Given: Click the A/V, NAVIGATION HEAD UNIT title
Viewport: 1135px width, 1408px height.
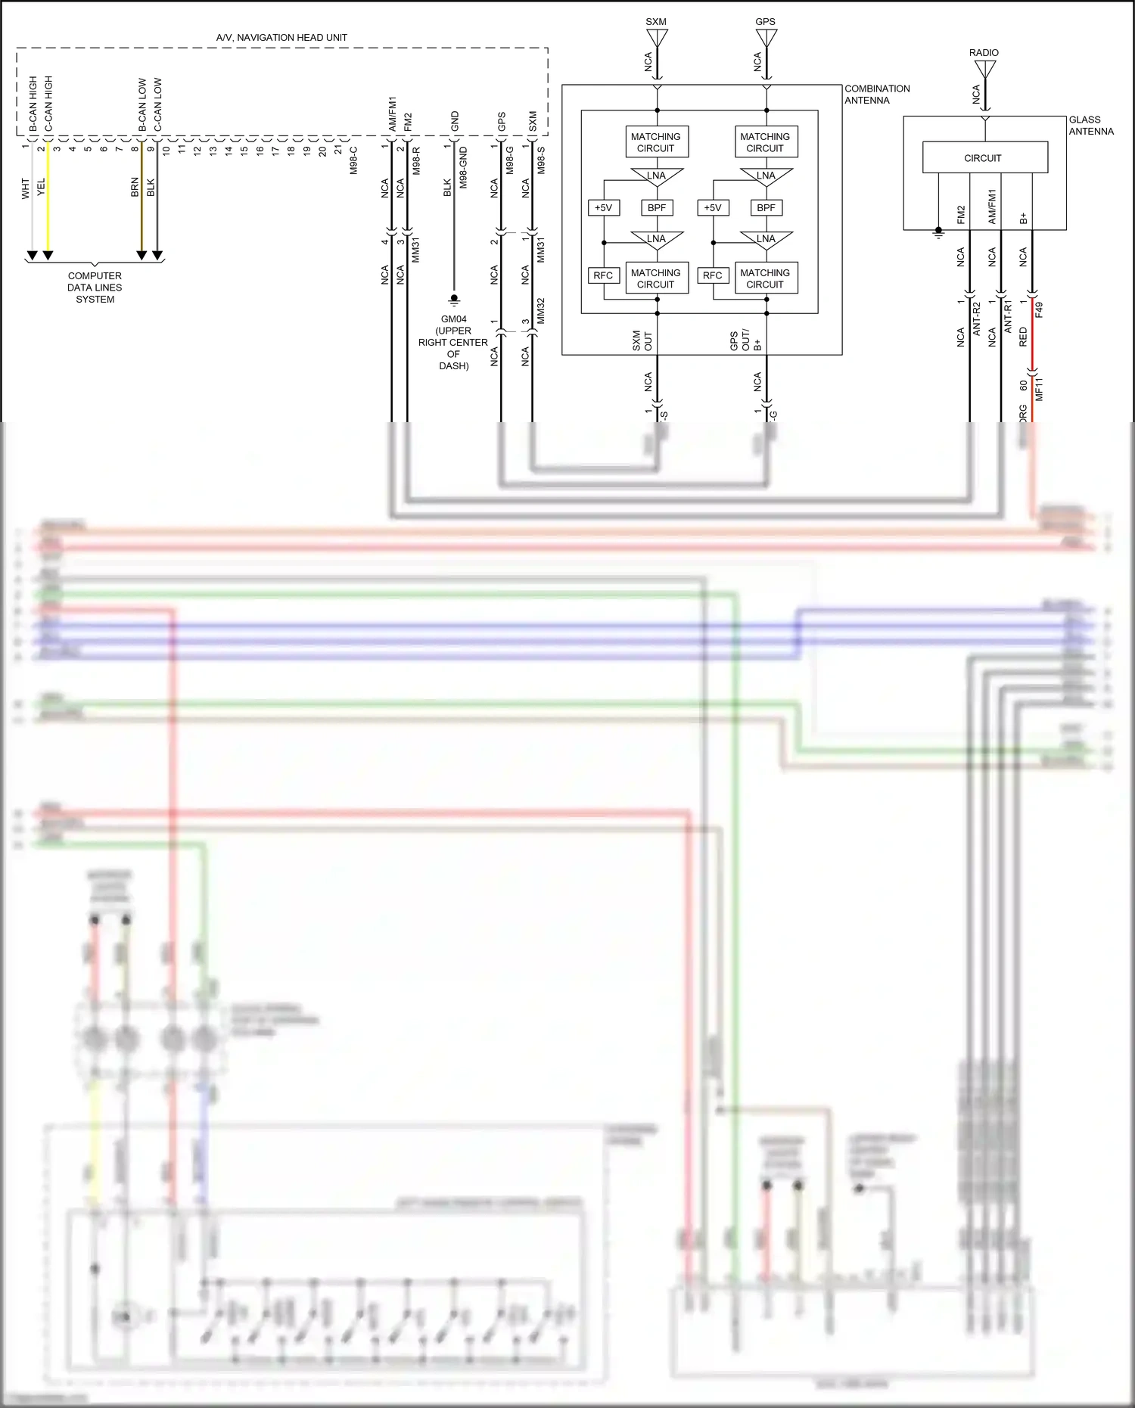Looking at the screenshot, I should [281, 37].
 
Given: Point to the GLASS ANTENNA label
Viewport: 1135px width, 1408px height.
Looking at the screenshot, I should [1090, 126].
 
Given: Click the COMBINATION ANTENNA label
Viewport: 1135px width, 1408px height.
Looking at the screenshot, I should [876, 95].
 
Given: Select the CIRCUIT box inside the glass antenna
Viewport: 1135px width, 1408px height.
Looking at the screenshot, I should [984, 158].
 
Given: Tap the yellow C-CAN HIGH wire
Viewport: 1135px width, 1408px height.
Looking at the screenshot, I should [48, 197].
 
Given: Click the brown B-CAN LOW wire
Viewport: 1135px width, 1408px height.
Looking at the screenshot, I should [141, 197].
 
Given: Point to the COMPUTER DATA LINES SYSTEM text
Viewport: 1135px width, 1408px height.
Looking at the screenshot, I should [95, 288].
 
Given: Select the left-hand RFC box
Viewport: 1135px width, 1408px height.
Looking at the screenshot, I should [603, 275].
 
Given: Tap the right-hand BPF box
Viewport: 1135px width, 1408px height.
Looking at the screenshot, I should [766, 207].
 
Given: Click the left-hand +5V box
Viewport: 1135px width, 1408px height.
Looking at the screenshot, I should [603, 207].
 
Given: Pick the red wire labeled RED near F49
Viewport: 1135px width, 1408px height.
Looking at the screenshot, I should [1032, 333].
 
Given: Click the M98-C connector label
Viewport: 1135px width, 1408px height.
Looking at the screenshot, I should [354, 160].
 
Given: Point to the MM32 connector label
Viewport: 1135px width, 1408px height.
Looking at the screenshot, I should [540, 311].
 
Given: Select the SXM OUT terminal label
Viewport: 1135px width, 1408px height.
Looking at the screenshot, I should [642, 340].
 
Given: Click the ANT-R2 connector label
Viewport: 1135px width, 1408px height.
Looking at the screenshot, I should [976, 318].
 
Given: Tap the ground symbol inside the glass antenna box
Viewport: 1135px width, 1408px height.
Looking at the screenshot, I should [938, 232].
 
